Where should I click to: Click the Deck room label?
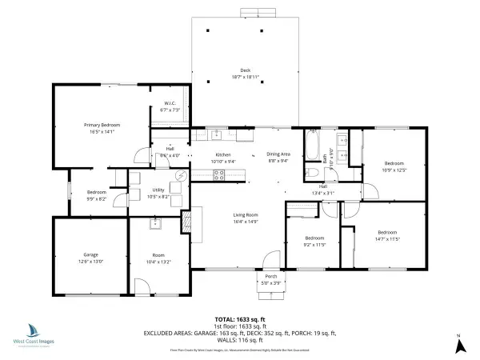pyautogui.click(x=245, y=70)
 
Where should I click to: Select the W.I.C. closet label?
pyautogui.click(x=170, y=103)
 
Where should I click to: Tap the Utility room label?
pyautogui.click(x=158, y=190)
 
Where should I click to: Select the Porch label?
pyautogui.click(x=271, y=277)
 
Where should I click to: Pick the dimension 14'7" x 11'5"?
pyautogui.click(x=387, y=238)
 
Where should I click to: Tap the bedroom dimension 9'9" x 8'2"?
pyautogui.click(x=96, y=198)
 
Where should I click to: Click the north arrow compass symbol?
pyautogui.click(x=459, y=346)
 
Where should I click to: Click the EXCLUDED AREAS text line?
pyautogui.click(x=240, y=332)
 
